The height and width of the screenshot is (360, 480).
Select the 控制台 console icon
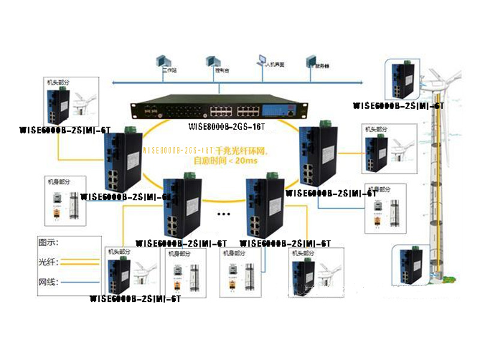tap(211, 61)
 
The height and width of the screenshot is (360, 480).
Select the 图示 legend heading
tap(53, 243)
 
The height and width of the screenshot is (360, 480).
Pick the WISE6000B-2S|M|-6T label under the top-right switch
tap(398, 106)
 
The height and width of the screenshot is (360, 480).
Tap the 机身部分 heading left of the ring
tap(58, 180)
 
